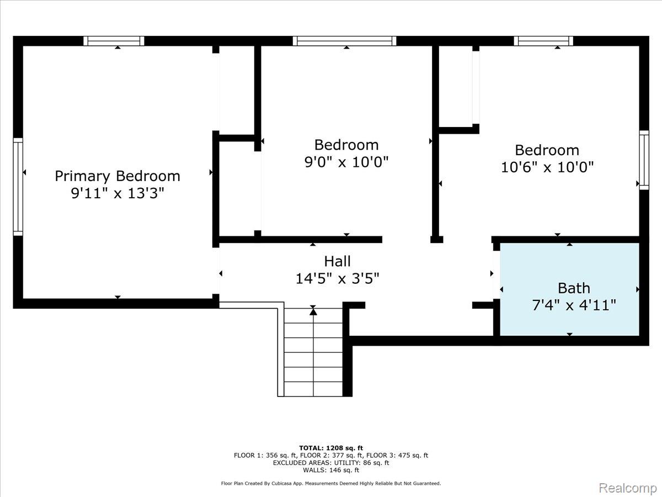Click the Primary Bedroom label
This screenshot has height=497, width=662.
(118, 177)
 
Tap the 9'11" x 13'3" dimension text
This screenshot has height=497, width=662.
(118, 193)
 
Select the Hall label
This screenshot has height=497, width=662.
(337, 261)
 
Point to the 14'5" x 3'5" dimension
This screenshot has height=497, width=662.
(337, 278)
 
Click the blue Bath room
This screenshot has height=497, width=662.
(569, 289)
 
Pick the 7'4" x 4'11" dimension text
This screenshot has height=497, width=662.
(574, 305)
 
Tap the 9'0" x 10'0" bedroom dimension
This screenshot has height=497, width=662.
(346, 162)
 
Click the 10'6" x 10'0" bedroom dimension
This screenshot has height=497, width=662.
(547, 167)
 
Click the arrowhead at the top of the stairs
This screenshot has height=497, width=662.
(313, 312)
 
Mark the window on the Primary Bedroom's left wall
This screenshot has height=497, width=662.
(18, 187)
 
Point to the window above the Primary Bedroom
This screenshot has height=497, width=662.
(114, 41)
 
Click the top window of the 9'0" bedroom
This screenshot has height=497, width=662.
(344, 41)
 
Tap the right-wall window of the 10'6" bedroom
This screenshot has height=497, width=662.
(644, 160)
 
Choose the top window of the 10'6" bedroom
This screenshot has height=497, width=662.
(543, 41)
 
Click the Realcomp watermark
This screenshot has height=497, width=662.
(628, 488)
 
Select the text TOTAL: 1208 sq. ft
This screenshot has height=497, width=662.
(331, 448)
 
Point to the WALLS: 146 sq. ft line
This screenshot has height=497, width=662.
(331, 470)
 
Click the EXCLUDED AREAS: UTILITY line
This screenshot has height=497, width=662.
(331, 463)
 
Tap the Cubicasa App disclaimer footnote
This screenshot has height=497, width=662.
(331, 483)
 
